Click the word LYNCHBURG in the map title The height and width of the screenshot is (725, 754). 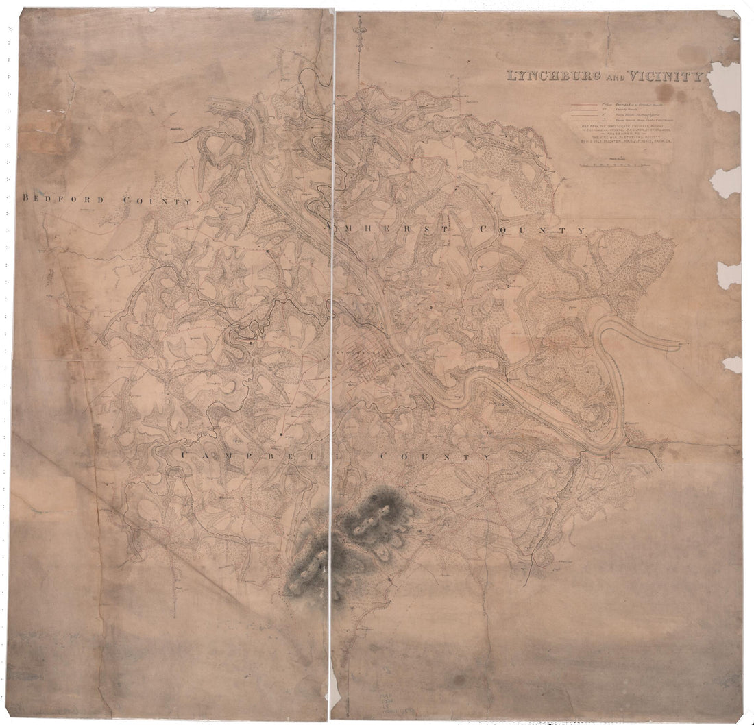pyautogui.click(x=542, y=76)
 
